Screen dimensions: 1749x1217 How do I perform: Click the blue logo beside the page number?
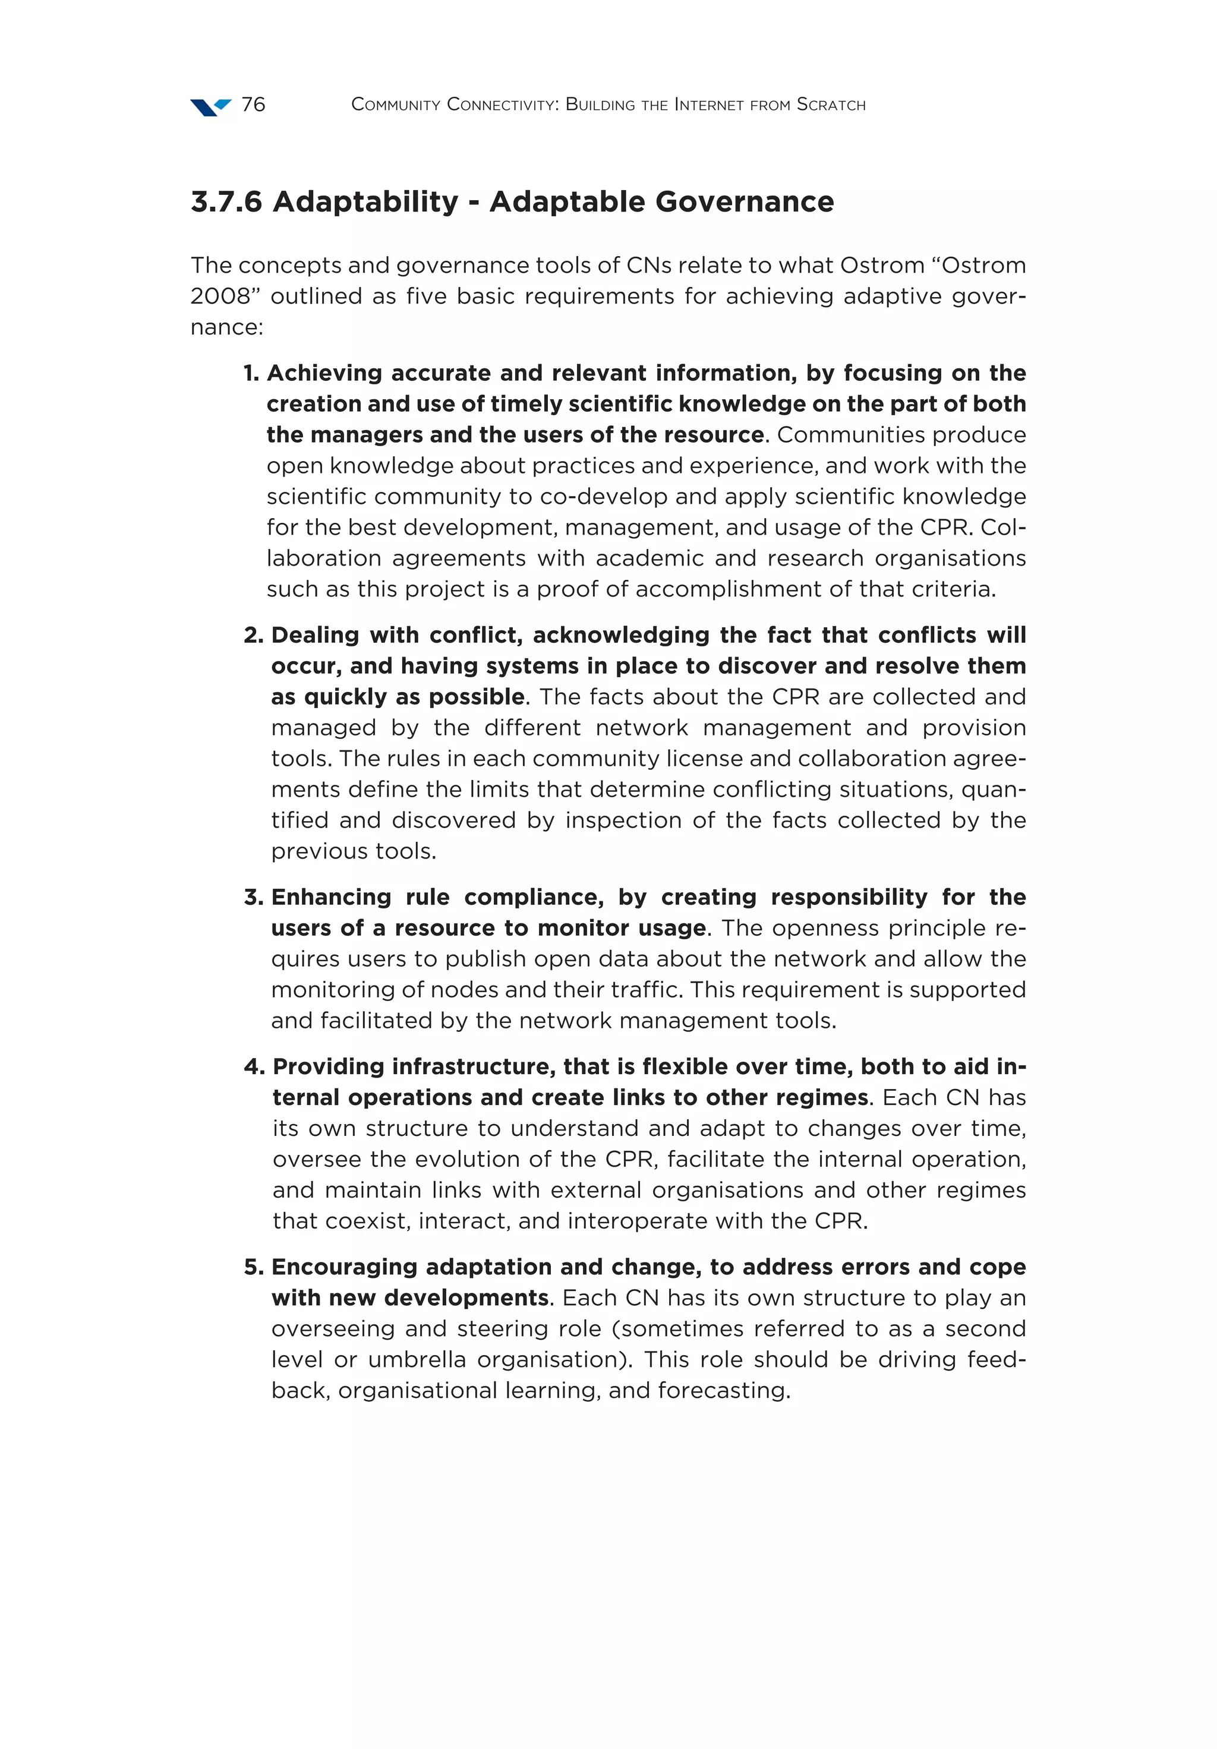click(210, 106)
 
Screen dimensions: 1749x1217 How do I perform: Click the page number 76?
click(253, 105)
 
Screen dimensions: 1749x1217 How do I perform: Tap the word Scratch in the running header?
click(831, 105)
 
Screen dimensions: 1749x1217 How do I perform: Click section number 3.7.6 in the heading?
click(226, 202)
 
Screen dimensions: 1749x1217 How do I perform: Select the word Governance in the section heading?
click(744, 202)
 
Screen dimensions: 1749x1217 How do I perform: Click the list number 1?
click(251, 373)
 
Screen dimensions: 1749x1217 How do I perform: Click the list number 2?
click(253, 635)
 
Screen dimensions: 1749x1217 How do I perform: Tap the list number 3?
click(253, 897)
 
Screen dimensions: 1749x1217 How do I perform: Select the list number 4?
click(254, 1066)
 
